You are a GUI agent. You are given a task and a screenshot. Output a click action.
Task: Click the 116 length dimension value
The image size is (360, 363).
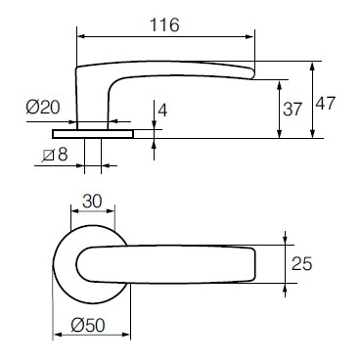[163, 26]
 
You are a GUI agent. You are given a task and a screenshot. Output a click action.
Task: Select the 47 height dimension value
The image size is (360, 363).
[328, 104]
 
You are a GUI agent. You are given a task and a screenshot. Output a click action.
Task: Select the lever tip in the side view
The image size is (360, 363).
[251, 71]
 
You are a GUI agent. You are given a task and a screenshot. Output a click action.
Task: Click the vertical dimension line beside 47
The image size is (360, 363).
[311, 102]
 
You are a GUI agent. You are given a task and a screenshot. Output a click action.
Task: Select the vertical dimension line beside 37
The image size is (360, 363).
[279, 108]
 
